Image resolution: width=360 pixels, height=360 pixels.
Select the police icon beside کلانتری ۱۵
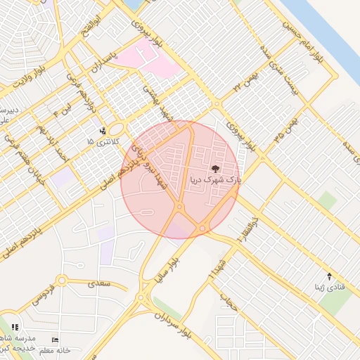point(103,131)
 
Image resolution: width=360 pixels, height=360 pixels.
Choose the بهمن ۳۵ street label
point(287,131)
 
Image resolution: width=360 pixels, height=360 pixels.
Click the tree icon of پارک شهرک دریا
point(214,169)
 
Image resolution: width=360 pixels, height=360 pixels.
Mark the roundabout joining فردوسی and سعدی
point(62,281)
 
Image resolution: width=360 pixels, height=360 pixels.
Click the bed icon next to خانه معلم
point(56,340)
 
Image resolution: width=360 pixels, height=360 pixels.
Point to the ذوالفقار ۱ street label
point(252,229)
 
